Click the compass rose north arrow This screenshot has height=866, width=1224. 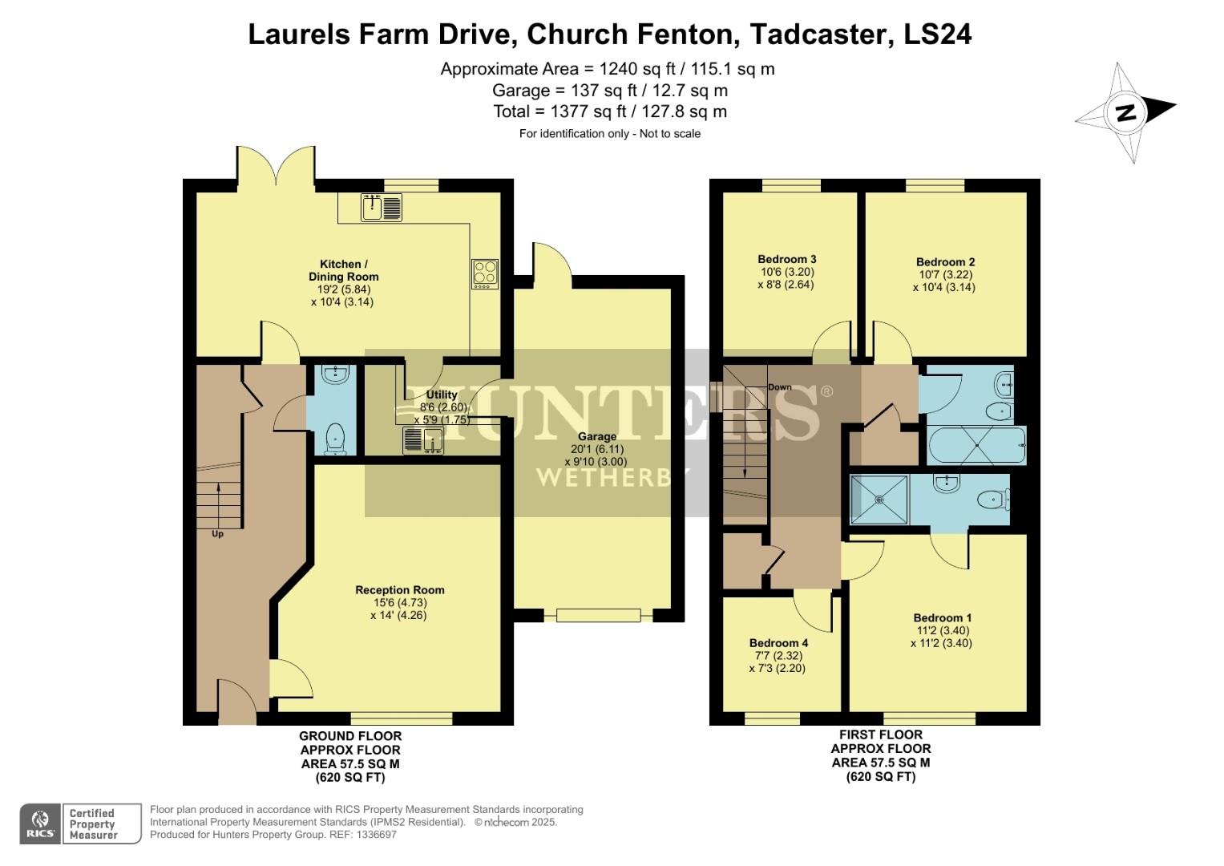click(1126, 112)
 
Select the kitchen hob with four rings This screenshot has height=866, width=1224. click(484, 273)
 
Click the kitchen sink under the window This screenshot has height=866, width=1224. click(381, 207)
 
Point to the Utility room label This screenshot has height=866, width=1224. click(442, 395)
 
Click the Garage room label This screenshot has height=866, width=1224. click(597, 437)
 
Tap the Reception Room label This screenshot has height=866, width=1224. click(399, 590)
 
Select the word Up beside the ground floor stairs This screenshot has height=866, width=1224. click(217, 534)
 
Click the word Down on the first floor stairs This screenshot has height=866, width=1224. click(779, 387)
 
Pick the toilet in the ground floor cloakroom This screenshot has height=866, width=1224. click(334, 439)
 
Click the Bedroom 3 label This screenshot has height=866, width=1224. click(786, 259)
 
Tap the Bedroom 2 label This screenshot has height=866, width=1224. click(945, 262)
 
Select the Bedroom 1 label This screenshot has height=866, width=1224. click(942, 617)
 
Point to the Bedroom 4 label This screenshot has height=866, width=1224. click(778, 643)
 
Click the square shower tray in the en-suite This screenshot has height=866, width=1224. click(879, 500)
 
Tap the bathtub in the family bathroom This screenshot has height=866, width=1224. click(976, 445)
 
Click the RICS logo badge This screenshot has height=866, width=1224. click(40, 824)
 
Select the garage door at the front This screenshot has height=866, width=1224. click(598, 615)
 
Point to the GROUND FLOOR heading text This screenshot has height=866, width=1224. click(350, 736)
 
